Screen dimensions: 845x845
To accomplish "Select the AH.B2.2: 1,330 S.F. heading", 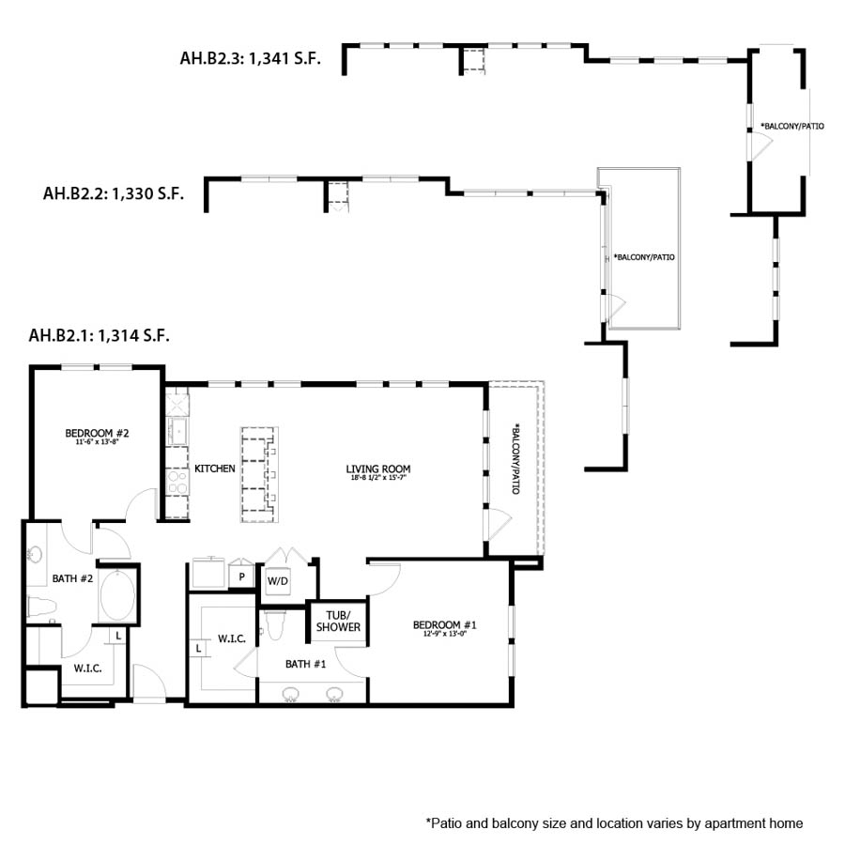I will tap(113, 194).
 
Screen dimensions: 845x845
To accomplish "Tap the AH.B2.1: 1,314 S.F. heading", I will tap(100, 336).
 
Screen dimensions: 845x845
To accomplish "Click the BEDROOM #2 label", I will tap(97, 435).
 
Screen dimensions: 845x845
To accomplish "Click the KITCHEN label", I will tap(215, 469).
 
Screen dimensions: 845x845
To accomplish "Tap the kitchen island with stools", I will tap(260, 474).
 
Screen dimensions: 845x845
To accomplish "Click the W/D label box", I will tap(278, 581).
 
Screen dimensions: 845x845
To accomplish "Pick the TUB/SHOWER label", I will tap(338, 621).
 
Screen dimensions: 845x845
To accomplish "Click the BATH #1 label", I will tap(306, 665).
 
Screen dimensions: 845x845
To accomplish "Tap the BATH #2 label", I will tap(72, 579).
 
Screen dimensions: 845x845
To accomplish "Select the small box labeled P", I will tap(242, 576).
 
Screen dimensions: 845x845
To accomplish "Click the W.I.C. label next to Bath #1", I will tap(232, 639).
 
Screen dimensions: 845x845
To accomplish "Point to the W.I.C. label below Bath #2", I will tap(88, 668).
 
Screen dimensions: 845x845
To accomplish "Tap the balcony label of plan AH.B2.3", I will tap(792, 126).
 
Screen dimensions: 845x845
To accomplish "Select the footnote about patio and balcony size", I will tap(615, 823).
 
